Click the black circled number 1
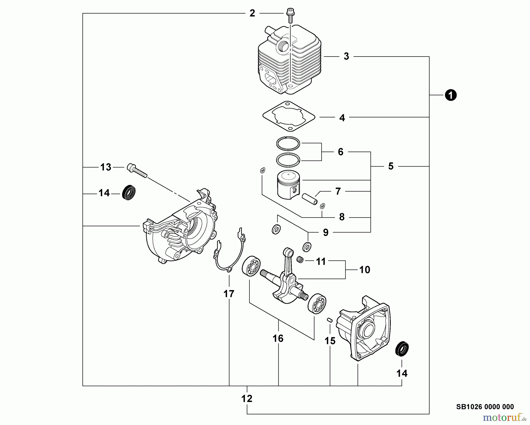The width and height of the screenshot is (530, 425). [450, 95]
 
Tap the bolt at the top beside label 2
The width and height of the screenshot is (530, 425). [290, 15]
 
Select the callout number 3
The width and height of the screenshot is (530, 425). [346, 56]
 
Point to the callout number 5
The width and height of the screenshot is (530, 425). [391, 166]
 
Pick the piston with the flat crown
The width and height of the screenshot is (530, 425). [288, 185]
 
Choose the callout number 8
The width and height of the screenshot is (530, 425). [342, 217]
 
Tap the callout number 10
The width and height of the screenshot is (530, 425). [365, 270]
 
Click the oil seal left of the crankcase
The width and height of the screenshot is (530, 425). [128, 193]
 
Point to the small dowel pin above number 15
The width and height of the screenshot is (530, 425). [330, 320]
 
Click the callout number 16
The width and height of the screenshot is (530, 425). [278, 338]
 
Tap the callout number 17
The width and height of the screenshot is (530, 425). [229, 294]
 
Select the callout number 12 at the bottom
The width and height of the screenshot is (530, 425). [247, 399]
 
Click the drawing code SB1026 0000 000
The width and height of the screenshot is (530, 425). [485, 407]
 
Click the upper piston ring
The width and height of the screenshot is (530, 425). [288, 144]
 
